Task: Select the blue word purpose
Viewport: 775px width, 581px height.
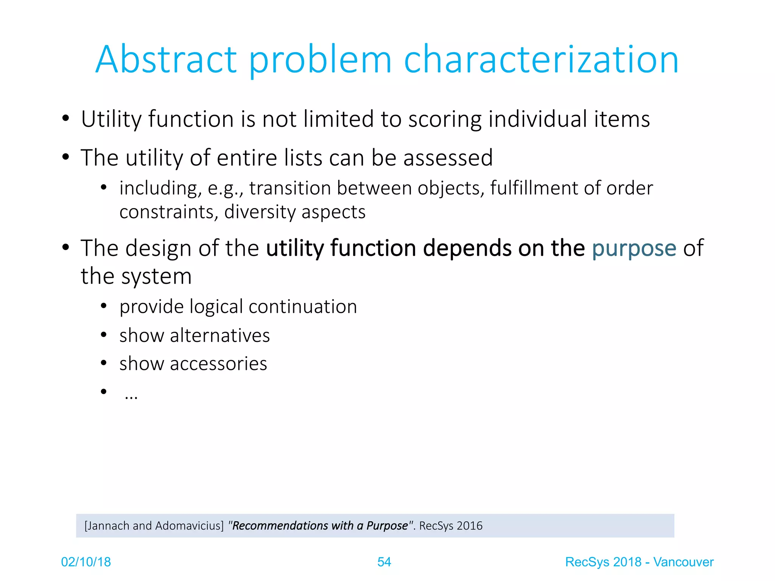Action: pos(634,249)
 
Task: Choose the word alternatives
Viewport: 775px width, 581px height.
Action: pos(220,336)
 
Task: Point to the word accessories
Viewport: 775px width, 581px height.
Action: pos(218,364)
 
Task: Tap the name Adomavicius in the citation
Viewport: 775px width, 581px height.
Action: pos(189,526)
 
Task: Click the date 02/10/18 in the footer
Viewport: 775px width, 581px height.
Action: pos(86,562)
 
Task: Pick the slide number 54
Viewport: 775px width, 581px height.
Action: pos(384,562)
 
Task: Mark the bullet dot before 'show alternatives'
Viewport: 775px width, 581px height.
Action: pos(104,335)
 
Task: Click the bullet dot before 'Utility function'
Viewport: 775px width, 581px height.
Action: pos(66,118)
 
